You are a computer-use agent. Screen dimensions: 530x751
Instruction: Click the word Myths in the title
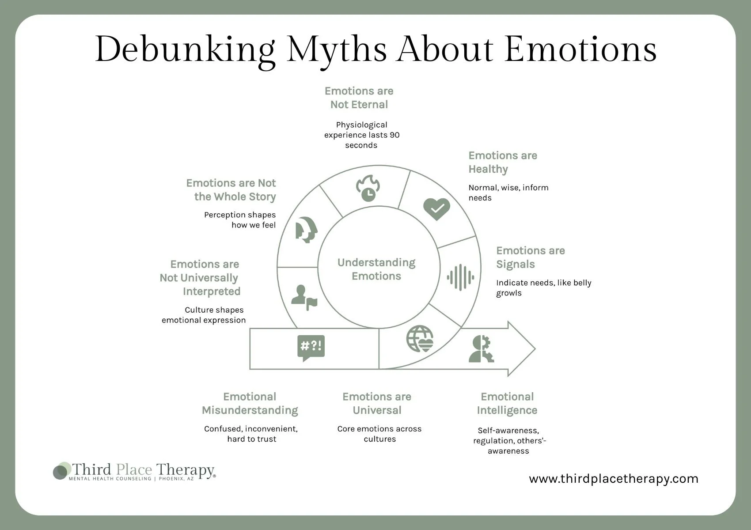(337, 49)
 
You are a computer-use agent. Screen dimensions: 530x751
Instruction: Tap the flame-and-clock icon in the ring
(368, 188)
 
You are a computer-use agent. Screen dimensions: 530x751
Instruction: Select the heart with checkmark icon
(436, 209)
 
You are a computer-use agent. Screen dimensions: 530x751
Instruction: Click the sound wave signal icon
(460, 277)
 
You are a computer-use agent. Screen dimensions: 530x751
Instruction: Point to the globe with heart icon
(420, 339)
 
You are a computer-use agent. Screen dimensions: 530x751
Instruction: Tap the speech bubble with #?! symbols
(311, 347)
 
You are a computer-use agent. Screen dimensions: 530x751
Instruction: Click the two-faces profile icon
(306, 230)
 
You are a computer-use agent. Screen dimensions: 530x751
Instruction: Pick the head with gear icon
(481, 349)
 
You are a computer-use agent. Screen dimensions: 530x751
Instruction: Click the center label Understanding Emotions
(376, 269)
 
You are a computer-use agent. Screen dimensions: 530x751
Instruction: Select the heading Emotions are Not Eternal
(359, 98)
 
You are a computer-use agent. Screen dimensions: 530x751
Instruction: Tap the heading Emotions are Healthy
(502, 162)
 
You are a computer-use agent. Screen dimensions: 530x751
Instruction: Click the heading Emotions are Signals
(530, 257)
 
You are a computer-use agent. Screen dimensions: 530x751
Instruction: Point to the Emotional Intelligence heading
(507, 403)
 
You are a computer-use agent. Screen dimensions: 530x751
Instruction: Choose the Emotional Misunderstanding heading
(250, 403)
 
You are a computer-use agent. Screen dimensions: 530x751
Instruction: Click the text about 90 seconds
(362, 135)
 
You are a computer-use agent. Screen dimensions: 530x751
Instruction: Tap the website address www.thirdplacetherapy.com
(614, 479)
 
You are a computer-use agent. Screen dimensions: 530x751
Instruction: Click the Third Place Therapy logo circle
(61, 471)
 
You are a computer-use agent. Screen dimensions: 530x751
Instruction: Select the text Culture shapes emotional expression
(204, 315)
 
